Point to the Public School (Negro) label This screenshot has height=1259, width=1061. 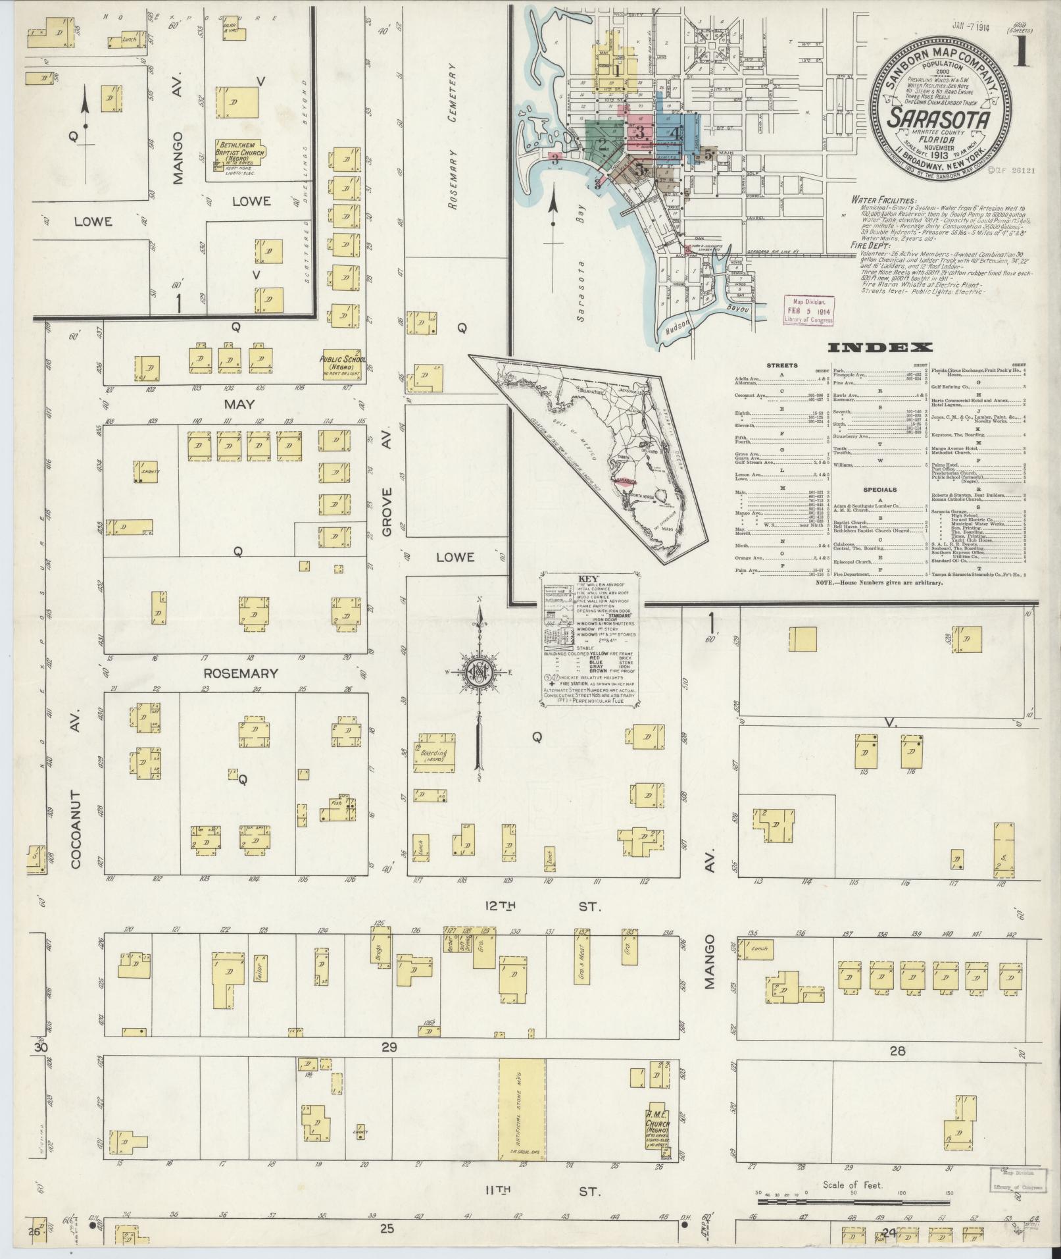(x=342, y=363)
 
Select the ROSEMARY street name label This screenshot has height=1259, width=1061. (x=240, y=673)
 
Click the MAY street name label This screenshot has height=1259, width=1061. (x=239, y=405)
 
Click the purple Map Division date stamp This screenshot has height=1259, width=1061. (x=808, y=309)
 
